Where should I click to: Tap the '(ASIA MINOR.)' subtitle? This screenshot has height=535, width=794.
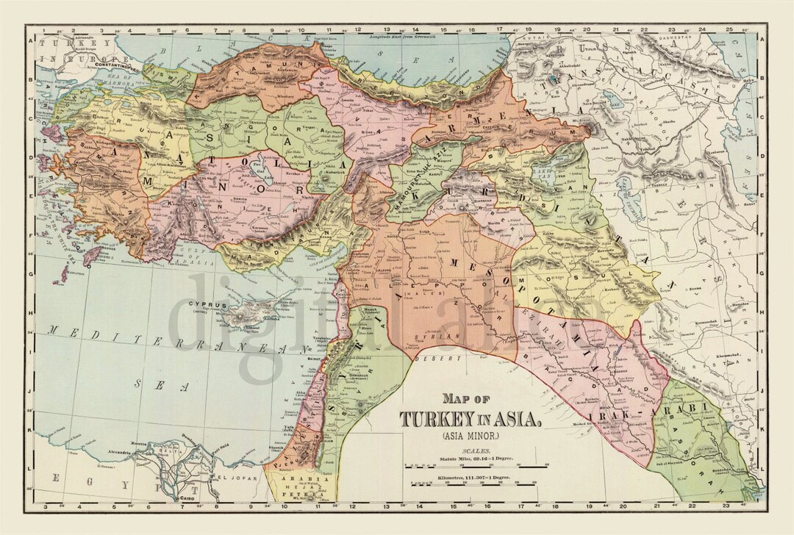tap(471, 437)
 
